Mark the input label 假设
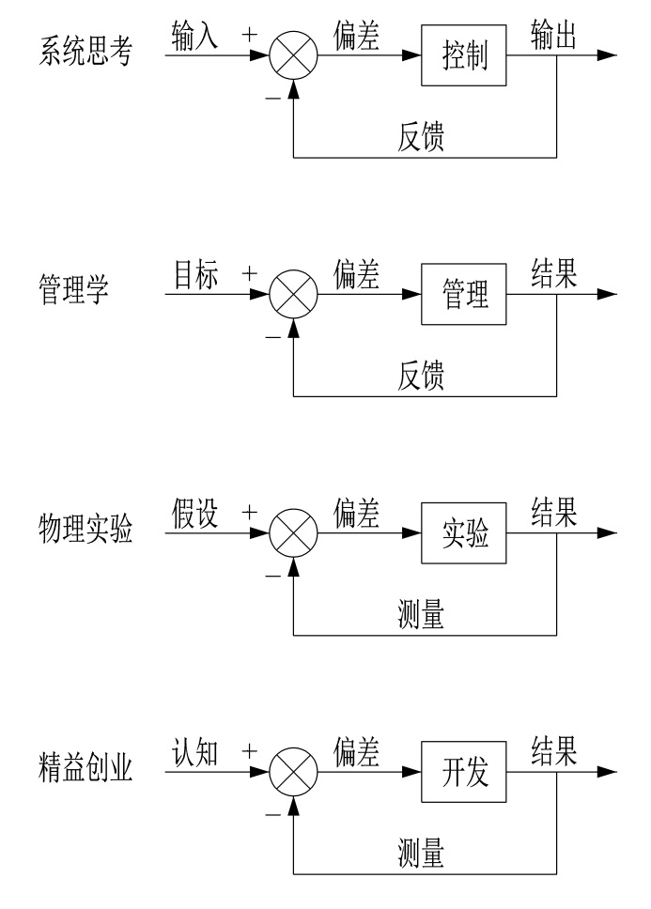[x=195, y=516]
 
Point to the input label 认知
[x=195, y=756]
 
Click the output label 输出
[x=554, y=35]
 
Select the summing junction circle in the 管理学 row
[x=294, y=296]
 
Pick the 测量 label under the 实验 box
[x=418, y=618]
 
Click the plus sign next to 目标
[x=250, y=273]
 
